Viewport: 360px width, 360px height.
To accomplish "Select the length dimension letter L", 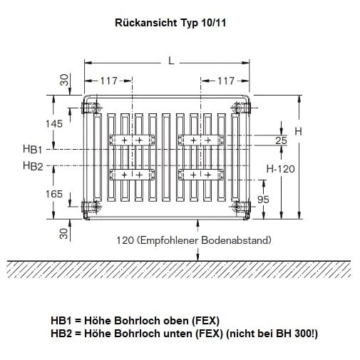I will [171, 61].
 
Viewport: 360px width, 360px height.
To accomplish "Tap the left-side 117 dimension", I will [108, 81].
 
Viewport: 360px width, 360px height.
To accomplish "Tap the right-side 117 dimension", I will [226, 81].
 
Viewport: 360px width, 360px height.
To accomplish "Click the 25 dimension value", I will [281, 140].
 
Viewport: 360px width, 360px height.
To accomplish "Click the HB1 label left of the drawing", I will [33, 149].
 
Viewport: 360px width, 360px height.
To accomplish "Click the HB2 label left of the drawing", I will [33, 166].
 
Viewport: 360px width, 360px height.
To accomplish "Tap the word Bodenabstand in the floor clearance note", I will [239, 240].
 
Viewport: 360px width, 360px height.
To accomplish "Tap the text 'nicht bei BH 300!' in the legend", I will [274, 332].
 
